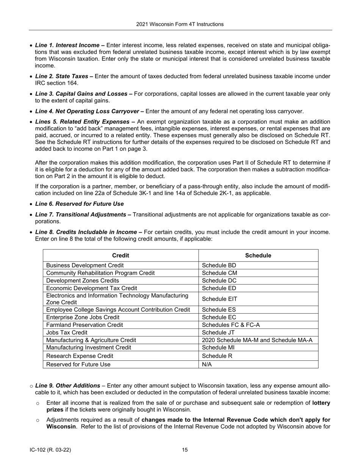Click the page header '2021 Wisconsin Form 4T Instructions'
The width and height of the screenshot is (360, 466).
[x=180, y=24]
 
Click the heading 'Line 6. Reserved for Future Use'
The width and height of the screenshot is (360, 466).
[x=79, y=204]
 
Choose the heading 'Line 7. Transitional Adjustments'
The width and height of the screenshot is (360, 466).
[x=81, y=215]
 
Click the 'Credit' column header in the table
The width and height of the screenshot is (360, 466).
[x=121, y=255]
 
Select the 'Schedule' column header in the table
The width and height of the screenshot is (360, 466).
[x=258, y=255]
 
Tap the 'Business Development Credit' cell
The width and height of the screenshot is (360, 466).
[x=85, y=266]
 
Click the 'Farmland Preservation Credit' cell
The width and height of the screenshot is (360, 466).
[x=84, y=325]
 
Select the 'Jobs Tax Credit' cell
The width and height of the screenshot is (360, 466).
[x=67, y=332]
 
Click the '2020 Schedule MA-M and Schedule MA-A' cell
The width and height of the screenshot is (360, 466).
[x=257, y=340]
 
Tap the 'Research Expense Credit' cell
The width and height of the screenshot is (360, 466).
[x=80, y=356]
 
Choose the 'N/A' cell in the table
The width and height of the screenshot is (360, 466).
[x=207, y=364]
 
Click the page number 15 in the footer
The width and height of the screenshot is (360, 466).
[x=185, y=450]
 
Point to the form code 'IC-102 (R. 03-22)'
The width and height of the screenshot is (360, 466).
[x=50, y=450]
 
